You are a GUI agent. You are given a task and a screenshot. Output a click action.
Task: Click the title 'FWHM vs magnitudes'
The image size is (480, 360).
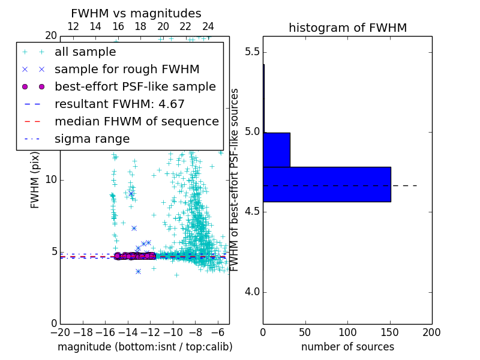pos(136,13)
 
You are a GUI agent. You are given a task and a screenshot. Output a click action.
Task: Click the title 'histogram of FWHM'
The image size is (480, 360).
pos(347,28)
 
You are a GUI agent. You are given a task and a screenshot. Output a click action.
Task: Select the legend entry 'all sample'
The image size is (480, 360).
pos(85,52)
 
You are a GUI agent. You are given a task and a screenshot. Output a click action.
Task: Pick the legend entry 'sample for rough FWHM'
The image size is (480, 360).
pos(127,70)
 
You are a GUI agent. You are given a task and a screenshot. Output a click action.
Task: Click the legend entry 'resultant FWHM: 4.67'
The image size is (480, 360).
pos(119,104)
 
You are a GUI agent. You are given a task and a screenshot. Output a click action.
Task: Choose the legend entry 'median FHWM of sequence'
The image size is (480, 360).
pos(136,122)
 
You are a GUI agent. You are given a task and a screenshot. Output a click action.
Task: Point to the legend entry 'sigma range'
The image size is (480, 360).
pos(92,139)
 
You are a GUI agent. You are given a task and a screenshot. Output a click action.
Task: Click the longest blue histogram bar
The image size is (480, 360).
pos(327,184)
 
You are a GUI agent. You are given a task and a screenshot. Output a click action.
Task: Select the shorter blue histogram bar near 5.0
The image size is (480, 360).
pos(277,149)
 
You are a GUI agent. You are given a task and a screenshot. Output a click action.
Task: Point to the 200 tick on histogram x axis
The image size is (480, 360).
pos(431,332)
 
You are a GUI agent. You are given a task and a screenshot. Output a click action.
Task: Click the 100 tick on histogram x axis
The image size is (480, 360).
pos(347,332)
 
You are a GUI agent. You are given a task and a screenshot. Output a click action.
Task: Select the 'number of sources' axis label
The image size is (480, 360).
pos(347,347)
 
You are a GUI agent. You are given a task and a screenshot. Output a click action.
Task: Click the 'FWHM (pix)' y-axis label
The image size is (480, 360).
pos(35,179)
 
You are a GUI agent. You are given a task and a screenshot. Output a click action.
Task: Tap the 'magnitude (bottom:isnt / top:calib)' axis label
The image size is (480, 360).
pos(145,347)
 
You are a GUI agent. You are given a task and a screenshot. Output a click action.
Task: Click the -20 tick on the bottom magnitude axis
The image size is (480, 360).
pos(60,332)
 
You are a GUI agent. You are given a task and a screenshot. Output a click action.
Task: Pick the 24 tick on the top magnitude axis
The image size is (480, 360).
pos(208,26)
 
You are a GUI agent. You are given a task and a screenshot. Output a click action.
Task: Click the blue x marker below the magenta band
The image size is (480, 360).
pos(138,272)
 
